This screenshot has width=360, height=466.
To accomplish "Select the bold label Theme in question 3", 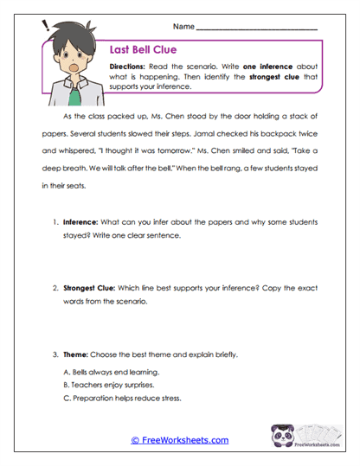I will coord(80,354).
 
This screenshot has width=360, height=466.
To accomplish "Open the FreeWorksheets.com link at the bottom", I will coord(179,440).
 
